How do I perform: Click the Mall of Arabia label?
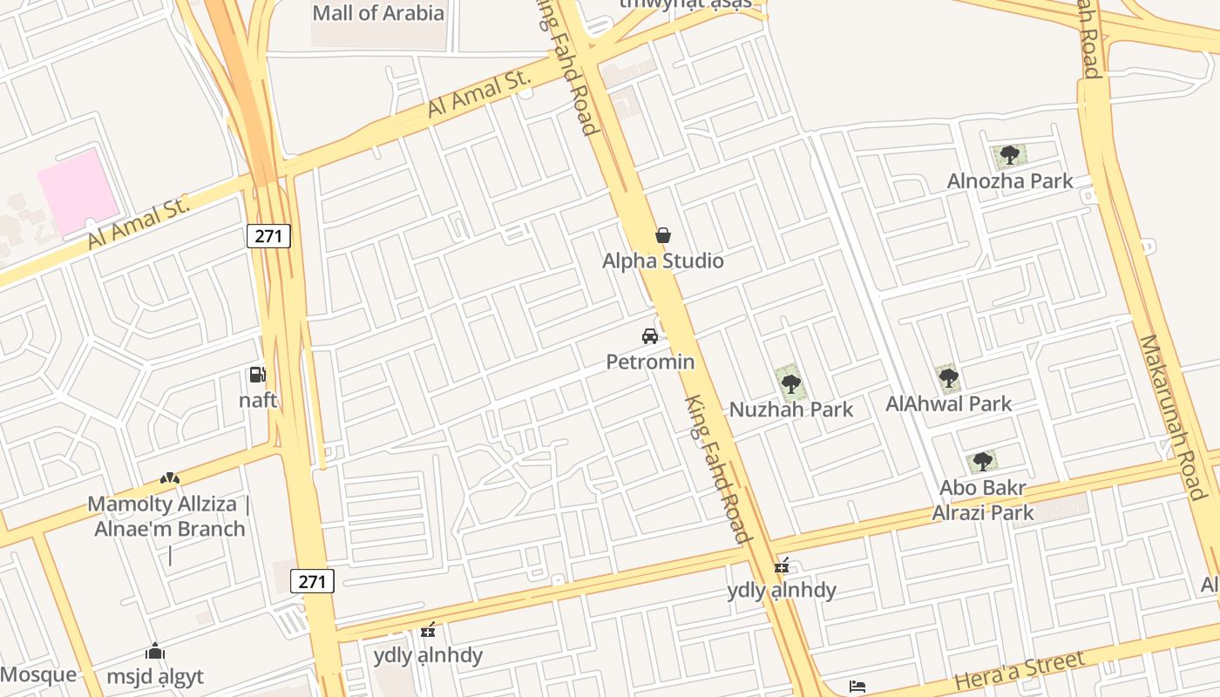[x=378, y=13]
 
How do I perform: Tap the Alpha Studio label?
[x=663, y=261]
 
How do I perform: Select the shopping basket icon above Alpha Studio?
[x=663, y=235]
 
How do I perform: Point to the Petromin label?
[x=650, y=362]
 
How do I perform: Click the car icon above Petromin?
[x=649, y=335]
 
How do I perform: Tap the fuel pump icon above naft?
[x=257, y=375]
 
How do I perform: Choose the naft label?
[x=258, y=401]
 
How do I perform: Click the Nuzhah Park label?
[x=791, y=409]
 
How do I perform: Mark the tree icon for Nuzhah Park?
[x=790, y=383]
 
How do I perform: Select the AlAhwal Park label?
[x=949, y=403]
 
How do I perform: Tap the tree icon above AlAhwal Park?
[x=949, y=378]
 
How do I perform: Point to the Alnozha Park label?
[x=1010, y=181]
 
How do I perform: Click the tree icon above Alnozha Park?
[x=1010, y=156]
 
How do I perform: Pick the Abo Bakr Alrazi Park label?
[x=983, y=500]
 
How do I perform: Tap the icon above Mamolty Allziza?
[x=170, y=478]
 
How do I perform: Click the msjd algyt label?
[x=155, y=677]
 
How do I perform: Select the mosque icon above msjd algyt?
[x=155, y=651]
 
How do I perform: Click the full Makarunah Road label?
[x=1172, y=416]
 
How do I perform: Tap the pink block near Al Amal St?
[x=78, y=192]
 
